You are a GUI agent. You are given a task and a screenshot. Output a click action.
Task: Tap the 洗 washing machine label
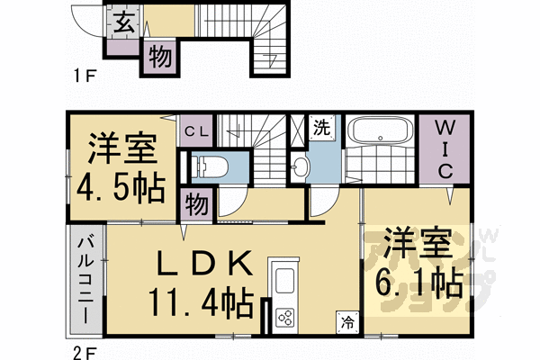point(321,128)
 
